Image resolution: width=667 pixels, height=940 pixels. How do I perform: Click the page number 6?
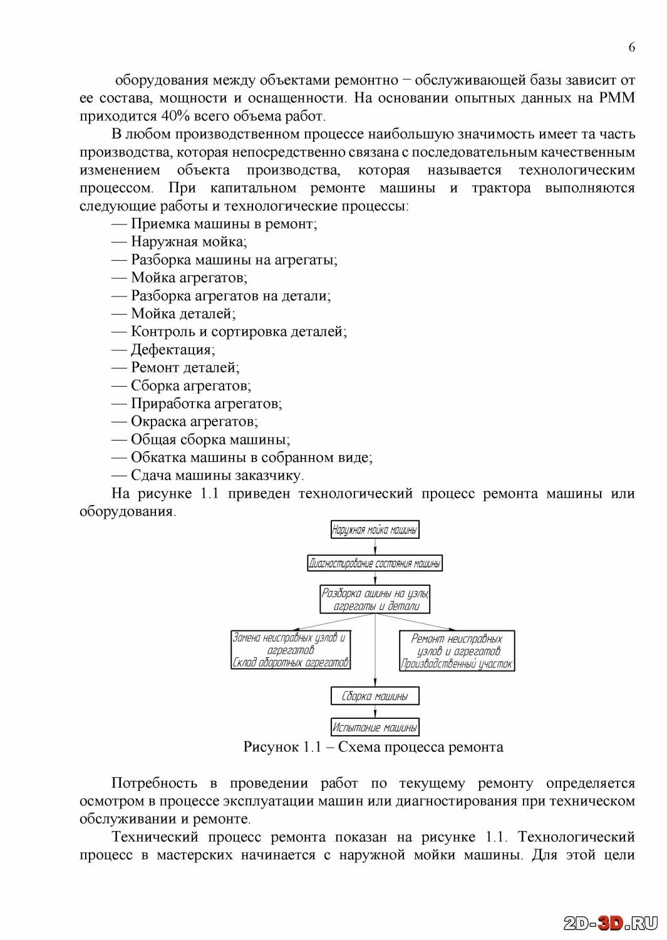point(631,47)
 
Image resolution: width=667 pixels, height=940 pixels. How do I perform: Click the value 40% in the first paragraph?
point(175,116)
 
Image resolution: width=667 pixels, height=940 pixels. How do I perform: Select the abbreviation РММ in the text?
point(616,98)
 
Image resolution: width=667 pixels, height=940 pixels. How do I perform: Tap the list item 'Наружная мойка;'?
point(189,242)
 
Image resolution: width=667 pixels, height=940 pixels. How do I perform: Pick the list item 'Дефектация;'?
point(172,350)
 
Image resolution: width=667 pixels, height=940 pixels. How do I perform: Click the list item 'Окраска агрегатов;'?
point(194,422)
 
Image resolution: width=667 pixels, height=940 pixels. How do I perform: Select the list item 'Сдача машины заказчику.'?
point(217,476)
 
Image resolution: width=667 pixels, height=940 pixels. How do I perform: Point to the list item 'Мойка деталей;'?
point(183,314)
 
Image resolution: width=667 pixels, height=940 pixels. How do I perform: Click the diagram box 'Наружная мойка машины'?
point(375,530)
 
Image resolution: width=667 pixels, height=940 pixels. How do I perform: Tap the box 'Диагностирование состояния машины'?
point(375,563)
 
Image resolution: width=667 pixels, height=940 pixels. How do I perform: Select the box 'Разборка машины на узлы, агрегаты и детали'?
point(375,600)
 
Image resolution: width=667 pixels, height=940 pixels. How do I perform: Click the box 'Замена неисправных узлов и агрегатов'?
point(291,650)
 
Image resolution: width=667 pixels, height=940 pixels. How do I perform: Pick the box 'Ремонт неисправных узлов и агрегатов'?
point(457,651)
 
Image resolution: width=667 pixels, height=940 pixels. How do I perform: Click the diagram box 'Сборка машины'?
point(375,696)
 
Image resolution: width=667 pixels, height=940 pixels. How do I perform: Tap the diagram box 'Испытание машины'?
point(375,728)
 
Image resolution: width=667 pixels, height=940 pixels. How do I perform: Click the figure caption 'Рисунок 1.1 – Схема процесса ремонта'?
point(373,747)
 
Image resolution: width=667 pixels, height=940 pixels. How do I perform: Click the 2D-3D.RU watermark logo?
point(610,923)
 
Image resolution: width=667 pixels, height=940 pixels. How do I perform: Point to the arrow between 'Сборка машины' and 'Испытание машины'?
point(375,712)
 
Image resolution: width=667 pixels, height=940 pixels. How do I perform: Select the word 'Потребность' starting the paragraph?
point(154,783)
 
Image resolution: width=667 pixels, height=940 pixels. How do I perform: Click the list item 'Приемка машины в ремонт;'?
point(224,224)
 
